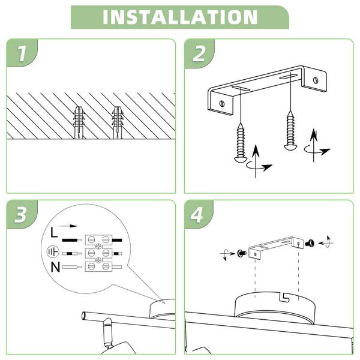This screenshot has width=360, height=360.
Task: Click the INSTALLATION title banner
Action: [x=180, y=17]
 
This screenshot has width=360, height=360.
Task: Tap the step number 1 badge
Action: [x=22, y=53]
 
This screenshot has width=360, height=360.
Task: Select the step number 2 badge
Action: [x=199, y=54]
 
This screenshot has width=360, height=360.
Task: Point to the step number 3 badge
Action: [x=22, y=215]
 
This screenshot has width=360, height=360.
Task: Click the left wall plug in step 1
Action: [x=79, y=122]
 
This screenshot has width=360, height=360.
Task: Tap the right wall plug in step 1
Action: [x=118, y=122]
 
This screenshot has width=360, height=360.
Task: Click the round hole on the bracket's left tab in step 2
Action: [x=222, y=104]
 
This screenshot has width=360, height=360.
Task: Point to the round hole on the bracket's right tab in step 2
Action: [x=316, y=80]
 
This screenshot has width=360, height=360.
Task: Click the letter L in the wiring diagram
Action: [x=54, y=232]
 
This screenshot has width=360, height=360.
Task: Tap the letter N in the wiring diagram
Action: [x=55, y=267]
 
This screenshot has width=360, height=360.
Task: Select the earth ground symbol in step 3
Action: [x=53, y=252]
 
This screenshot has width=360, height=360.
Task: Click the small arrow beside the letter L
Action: [x=68, y=226]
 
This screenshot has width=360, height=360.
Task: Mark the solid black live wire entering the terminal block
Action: [x=72, y=241]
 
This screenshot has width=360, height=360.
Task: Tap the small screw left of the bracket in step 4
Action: [x=241, y=253]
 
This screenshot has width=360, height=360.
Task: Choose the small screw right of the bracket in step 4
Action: [x=310, y=242]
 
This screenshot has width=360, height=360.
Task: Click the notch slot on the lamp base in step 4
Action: [x=284, y=298]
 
